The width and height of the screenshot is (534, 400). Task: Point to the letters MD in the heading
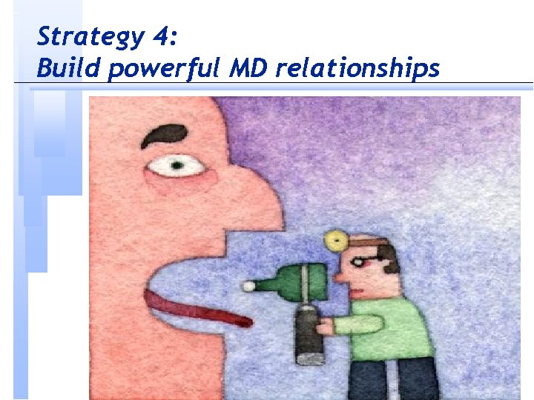244,68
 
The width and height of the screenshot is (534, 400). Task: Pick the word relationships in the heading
357,69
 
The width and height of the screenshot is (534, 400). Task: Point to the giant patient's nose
260,200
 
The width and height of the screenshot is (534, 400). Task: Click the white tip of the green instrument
250,285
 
